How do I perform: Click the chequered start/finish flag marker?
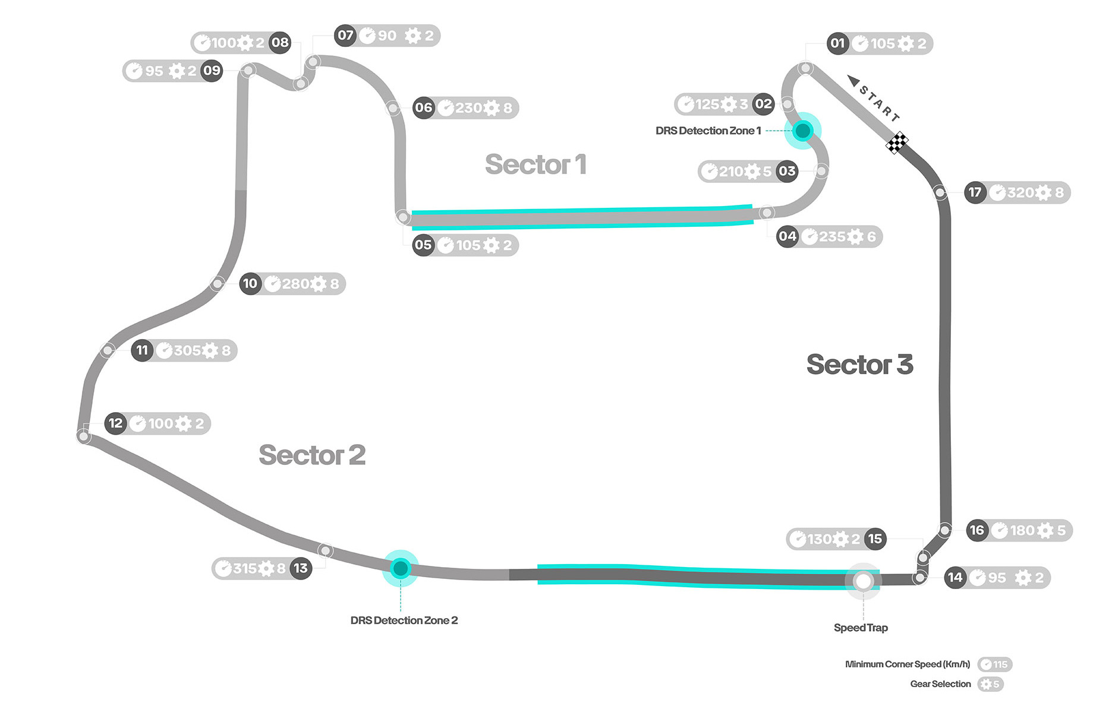click(x=897, y=143)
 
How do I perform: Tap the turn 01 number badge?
click(x=837, y=43)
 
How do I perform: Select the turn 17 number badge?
click(x=975, y=192)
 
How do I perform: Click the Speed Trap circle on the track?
click(x=863, y=581)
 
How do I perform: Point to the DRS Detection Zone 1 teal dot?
click(x=802, y=131)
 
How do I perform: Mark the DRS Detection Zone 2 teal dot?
click(x=401, y=568)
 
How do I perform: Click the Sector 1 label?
click(x=535, y=164)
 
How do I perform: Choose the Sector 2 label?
click(x=312, y=455)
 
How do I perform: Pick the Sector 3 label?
click(x=859, y=365)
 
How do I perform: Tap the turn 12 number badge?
click(x=115, y=423)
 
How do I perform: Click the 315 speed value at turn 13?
click(x=245, y=568)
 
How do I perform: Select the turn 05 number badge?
click(x=423, y=245)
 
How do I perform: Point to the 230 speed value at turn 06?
click(x=468, y=108)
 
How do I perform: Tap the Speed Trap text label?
click(x=861, y=628)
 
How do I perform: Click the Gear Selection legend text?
click(x=940, y=684)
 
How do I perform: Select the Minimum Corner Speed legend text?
click(x=908, y=664)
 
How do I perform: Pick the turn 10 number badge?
click(x=250, y=284)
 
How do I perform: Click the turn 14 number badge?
click(x=955, y=578)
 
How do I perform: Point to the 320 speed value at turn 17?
click(x=1020, y=192)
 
